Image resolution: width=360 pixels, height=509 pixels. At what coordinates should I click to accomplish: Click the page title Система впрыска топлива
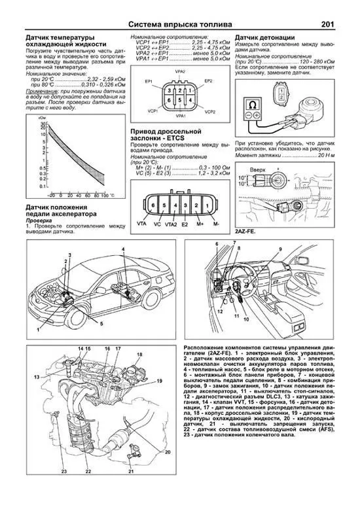click(x=179, y=23)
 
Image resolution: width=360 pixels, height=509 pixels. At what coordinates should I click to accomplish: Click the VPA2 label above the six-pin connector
click(x=179, y=71)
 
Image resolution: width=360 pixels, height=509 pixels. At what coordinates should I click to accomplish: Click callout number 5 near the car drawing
click(x=101, y=323)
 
